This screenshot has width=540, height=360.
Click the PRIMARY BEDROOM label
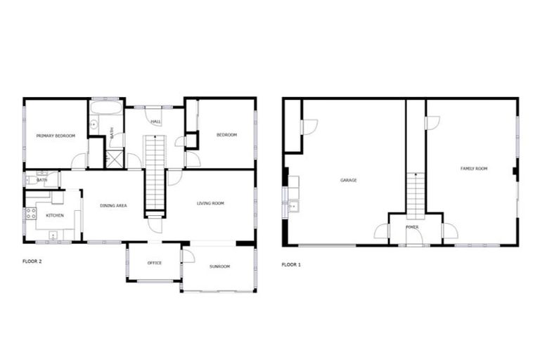coord(56,135)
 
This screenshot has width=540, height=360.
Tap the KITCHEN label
coord(55,214)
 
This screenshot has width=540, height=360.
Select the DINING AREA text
coord(113,205)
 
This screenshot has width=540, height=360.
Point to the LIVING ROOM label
coord(210,203)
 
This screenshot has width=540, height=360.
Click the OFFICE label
coord(154,263)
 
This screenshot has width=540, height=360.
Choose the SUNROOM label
coord(219,266)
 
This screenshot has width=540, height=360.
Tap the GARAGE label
coord(348,180)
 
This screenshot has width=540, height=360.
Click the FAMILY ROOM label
coord(474,169)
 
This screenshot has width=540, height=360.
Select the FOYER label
coord(413,227)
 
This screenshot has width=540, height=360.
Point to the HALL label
coord(155,122)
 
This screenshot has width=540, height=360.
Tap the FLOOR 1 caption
coord(291,264)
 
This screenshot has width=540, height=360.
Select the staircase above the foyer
coord(416,193)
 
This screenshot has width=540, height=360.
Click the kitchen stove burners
coord(32,213)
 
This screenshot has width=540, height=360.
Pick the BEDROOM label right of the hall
coord(226,135)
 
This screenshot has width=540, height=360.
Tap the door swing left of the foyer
coord(382,231)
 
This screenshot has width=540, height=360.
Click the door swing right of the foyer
coord(449,231)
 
